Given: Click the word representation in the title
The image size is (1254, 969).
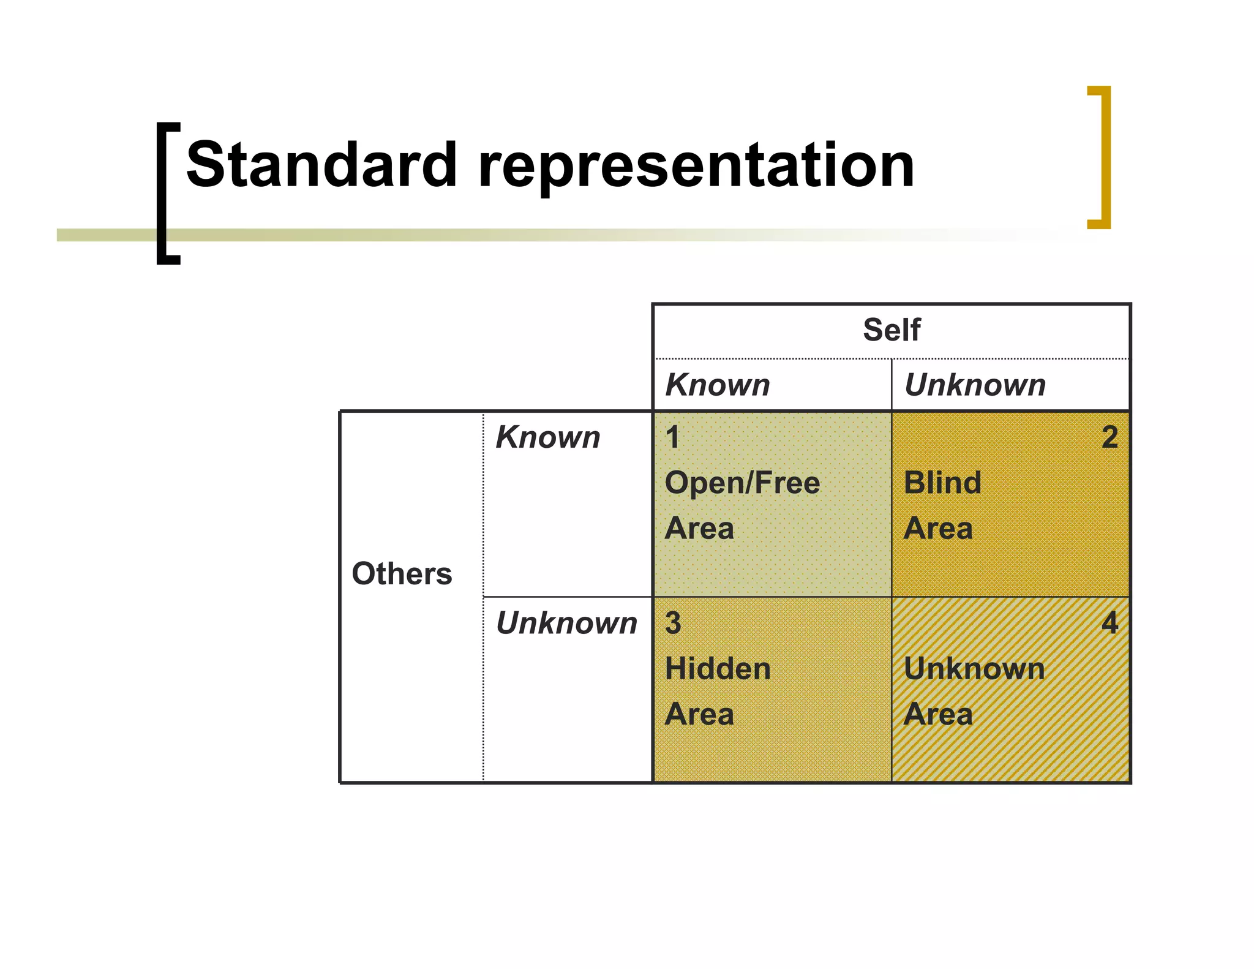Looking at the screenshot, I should [x=696, y=165].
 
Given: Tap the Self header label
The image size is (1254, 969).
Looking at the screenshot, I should [x=891, y=330].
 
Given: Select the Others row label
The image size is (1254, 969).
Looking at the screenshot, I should [x=402, y=574].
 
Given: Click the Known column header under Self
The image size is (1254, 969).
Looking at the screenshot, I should [x=718, y=385].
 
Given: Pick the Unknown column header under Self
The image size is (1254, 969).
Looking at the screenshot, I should [x=975, y=385].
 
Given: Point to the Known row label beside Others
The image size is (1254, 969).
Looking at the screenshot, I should [x=548, y=437].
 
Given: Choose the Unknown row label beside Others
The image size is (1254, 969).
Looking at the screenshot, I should [x=566, y=623].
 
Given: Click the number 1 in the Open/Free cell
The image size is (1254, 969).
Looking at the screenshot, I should [x=672, y=437].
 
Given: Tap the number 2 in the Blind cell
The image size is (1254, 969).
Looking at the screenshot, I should [x=1109, y=437].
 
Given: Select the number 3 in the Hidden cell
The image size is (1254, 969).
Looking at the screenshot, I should [x=673, y=623].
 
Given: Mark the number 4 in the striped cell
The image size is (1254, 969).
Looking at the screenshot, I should [x=1109, y=623].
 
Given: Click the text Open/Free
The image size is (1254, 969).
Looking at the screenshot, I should [x=742, y=483].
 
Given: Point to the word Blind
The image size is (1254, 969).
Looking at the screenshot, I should [x=942, y=483].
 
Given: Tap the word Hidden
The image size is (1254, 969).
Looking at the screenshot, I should [x=718, y=668].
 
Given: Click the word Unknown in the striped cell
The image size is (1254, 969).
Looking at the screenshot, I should [x=974, y=668].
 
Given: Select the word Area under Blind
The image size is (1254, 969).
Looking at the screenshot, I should [x=938, y=528].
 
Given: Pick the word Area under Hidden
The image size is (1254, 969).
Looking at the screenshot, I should [x=699, y=714].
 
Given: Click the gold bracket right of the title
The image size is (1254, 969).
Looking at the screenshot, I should [x=1102, y=157].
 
